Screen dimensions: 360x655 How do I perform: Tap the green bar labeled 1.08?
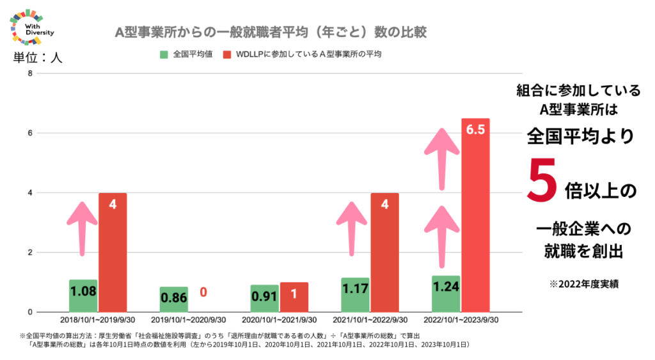pos(83,295)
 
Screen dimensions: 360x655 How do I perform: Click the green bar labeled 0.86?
pos(174,299)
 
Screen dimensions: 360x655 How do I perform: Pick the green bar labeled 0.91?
pos(264,298)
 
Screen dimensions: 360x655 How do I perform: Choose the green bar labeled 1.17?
pos(355,295)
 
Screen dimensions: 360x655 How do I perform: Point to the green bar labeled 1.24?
pos(446,293)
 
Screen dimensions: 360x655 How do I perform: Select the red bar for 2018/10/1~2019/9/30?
pos(113,252)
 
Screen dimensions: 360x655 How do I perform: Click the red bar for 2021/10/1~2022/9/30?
pos(384,252)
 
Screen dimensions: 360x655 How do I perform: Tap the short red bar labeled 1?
pos(294,297)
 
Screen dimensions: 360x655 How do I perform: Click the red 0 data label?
pos(203,292)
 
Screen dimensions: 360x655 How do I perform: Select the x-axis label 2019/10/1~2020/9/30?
pos(188,319)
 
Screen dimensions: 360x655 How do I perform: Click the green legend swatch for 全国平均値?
pos(164,54)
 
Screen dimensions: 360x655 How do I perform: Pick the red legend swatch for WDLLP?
pos(227,54)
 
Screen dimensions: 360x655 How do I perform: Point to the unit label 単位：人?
pos(38,58)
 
